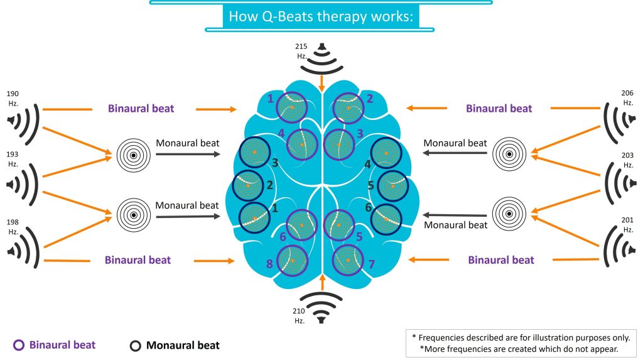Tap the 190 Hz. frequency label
[x=13, y=97]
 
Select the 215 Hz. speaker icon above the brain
[x=322, y=57]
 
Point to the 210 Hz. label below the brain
[x=299, y=315]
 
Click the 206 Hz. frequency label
[x=627, y=97]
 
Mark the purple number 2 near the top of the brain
[x=369, y=99]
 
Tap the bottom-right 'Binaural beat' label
[x=501, y=259]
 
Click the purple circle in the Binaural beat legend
[x=19, y=344]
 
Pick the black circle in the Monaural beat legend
[x=135, y=345]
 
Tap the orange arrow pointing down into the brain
[x=322, y=82]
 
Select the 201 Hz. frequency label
[x=626, y=224]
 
